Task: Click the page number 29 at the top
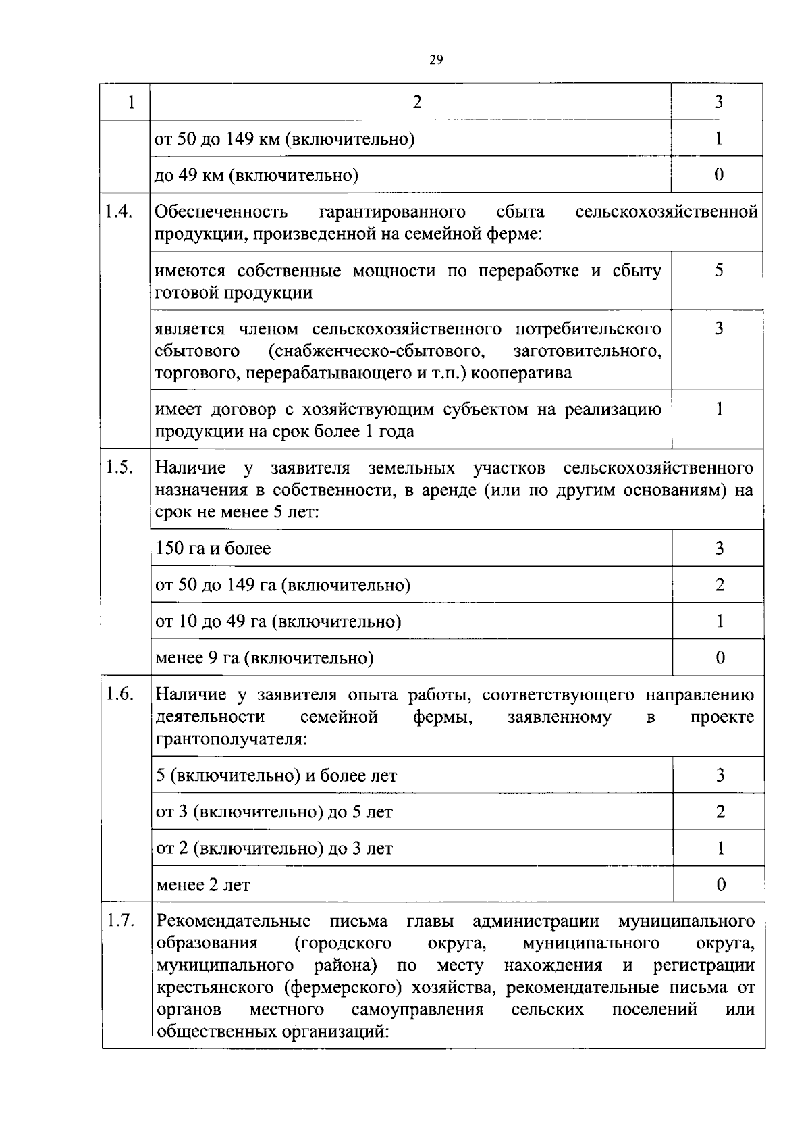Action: pos(436,60)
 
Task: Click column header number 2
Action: pos(416,102)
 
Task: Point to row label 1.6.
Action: pos(119,694)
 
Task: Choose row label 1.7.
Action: pos(119,921)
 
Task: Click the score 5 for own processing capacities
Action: pos(719,270)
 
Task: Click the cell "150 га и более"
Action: pos(213,548)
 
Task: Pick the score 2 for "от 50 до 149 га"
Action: pos(720,584)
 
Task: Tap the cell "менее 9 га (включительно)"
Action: pos(265,657)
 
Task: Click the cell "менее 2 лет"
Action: pos(203,884)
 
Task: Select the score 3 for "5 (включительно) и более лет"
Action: pos(720,775)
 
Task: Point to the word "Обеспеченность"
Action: pos(221,212)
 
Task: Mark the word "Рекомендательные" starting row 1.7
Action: pos(234,921)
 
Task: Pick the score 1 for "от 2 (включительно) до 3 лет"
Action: pos(720,848)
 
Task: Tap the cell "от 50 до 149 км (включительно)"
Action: pos(285,138)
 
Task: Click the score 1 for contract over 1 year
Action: pos(719,409)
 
